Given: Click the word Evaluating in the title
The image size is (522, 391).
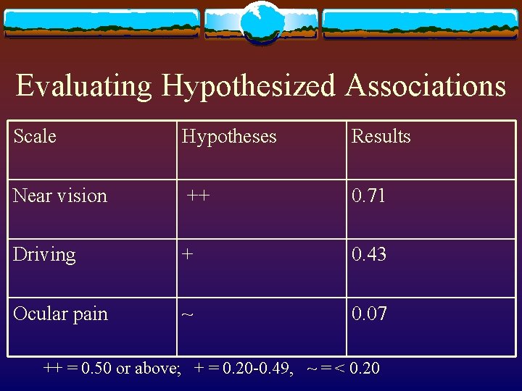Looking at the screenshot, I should click(84, 86).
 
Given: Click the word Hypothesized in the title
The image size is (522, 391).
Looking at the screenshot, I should click(249, 86).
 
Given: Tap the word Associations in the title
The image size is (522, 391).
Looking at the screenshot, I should click(426, 86).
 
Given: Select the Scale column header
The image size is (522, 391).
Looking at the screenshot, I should click(35, 136).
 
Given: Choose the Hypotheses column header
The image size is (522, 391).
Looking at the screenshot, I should click(229, 136).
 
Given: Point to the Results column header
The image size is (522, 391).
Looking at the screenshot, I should click(381, 136).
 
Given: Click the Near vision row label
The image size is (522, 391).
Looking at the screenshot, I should click(60, 195).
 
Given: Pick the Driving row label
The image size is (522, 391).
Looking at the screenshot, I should click(44, 255).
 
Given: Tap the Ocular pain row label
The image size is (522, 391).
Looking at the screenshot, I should click(60, 314).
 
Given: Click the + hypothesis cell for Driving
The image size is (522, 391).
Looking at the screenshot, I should click(188, 255).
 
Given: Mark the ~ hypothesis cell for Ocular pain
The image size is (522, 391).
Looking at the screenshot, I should click(187, 314).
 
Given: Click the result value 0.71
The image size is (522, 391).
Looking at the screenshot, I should click(368, 195).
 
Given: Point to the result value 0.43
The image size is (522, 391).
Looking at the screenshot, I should click(369, 255).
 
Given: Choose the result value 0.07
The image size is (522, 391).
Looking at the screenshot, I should click(369, 314).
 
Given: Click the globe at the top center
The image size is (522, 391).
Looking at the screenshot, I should click(261, 22).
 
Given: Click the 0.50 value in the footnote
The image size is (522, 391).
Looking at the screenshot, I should click(96, 368).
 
